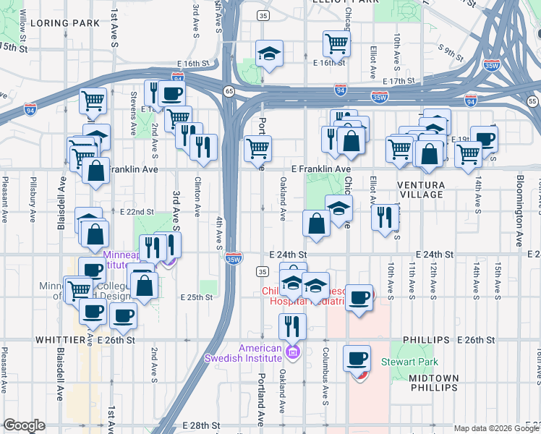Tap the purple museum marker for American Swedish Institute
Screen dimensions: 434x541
tap(292, 353)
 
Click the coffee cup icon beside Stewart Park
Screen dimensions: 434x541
tap(357, 357)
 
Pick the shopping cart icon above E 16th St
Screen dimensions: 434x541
tap(336, 43)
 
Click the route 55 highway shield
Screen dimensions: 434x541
tap(532, 102)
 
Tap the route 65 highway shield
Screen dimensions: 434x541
tap(229, 91)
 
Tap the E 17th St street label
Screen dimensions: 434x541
tap(401, 81)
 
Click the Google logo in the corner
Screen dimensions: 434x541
tap(24, 426)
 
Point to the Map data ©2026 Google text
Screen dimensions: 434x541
tap(496, 427)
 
